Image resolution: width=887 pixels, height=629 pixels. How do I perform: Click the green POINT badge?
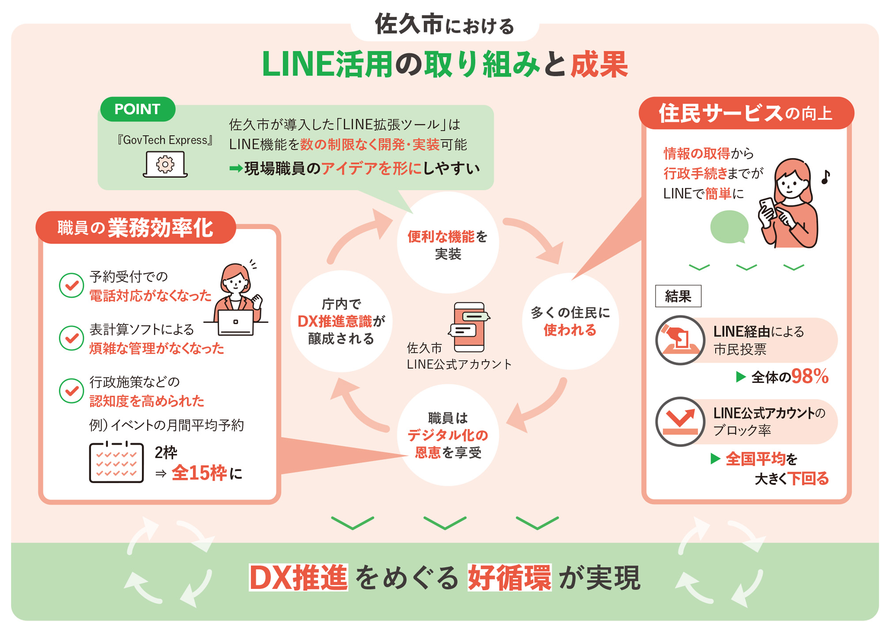tap(137, 109)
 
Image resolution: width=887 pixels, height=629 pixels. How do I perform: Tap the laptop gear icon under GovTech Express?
tap(165, 164)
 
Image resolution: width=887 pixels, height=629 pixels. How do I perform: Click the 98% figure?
tap(809, 377)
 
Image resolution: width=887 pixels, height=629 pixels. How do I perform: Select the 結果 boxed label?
tap(678, 296)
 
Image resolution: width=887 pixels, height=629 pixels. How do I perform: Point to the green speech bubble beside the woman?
tap(729, 227)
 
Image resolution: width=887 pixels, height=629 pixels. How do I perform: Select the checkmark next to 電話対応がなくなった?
tap(72, 285)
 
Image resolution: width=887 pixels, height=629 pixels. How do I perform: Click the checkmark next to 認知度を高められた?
tap(72, 391)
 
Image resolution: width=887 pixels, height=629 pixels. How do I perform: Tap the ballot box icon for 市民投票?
tap(680, 340)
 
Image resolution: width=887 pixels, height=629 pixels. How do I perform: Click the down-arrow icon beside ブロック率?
tap(680, 422)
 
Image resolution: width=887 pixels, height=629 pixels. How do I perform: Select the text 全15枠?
tap(199, 473)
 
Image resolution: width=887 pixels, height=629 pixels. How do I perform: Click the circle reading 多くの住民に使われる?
tap(570, 321)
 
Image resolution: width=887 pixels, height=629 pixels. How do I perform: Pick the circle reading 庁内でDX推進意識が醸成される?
tap(341, 321)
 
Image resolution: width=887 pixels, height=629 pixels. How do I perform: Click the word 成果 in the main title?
tap(599, 64)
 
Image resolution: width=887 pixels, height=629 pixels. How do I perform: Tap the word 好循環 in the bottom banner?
tap(509, 577)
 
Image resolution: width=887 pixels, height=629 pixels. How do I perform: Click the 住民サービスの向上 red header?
tap(746, 113)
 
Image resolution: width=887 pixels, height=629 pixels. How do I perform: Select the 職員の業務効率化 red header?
tap(136, 227)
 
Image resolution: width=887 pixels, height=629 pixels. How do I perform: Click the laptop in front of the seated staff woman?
tap(236, 322)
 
